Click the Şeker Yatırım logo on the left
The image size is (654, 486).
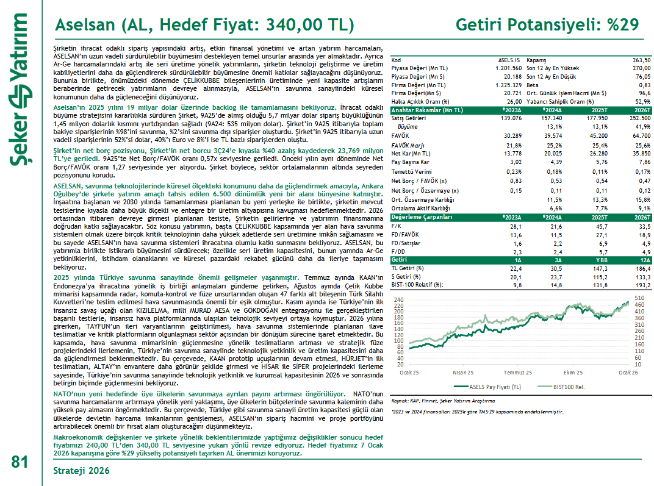[20, 91]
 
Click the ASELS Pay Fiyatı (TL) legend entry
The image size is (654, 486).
[487, 386]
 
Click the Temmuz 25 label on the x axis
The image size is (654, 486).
[518, 372]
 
